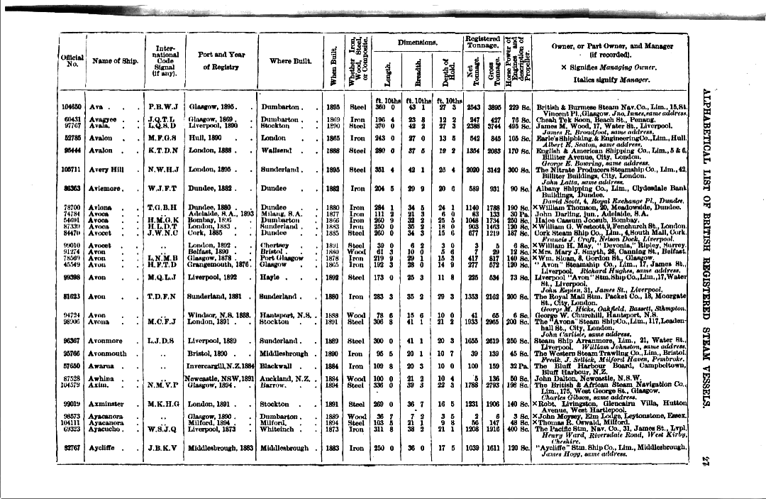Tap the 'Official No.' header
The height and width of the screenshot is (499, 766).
point(73,61)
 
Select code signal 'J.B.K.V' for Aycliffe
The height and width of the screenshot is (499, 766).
point(164,448)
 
